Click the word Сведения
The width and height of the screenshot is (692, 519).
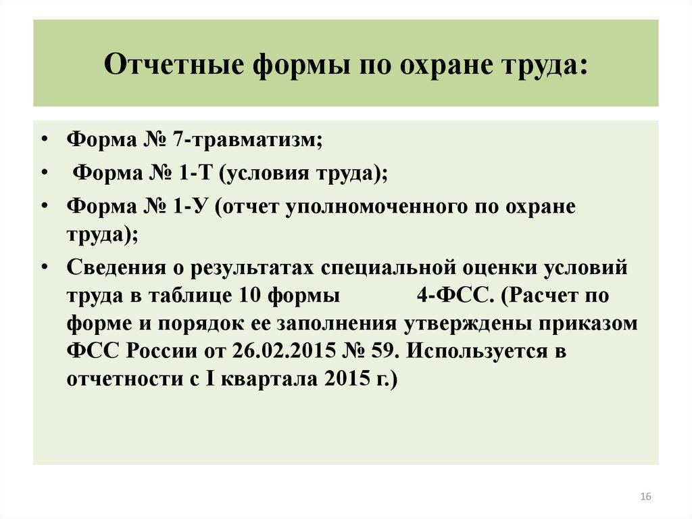tap(116, 268)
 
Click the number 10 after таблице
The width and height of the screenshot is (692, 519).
tap(249, 295)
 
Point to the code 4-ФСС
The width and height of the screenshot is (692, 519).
tap(455, 296)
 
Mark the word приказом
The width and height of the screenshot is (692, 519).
tap(588, 324)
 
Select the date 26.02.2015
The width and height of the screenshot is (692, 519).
tap(285, 351)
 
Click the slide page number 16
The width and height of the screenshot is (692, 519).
tap(645, 497)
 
